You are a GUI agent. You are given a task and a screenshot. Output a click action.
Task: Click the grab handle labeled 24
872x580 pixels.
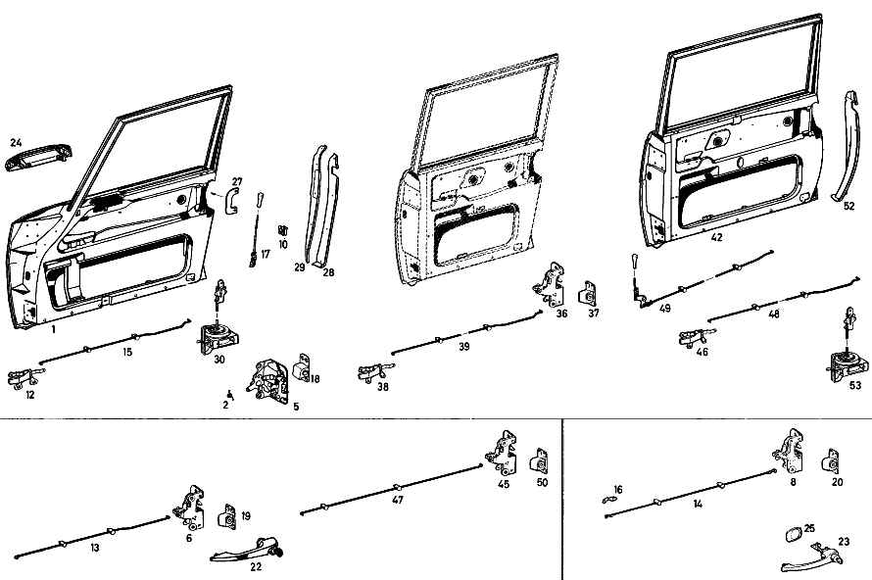(38, 158)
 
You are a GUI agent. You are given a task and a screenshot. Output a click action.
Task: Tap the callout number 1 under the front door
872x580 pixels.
(53, 329)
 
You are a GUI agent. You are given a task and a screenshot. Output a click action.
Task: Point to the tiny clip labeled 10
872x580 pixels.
(283, 229)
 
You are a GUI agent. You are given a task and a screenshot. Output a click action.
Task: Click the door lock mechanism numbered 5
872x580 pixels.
(268, 380)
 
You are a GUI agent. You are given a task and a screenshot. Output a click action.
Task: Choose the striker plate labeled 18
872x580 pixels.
(301, 368)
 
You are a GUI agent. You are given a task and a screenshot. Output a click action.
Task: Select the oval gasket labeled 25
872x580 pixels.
(792, 535)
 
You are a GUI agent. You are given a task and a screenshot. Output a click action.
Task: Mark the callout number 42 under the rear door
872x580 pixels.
(716, 237)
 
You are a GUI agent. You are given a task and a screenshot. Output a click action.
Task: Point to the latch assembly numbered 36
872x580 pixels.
(550, 285)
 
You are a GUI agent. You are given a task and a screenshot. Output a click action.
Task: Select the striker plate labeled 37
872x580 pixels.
(589, 293)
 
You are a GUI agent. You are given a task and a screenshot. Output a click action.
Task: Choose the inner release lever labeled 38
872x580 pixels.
(376, 372)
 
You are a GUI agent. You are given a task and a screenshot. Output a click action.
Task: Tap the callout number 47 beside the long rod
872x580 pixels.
(398, 500)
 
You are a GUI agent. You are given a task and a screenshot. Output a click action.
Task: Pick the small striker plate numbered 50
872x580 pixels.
(540, 461)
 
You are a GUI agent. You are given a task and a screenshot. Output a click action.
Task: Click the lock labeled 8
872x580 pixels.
(790, 451)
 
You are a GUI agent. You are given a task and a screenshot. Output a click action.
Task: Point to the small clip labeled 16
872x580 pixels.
(610, 499)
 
